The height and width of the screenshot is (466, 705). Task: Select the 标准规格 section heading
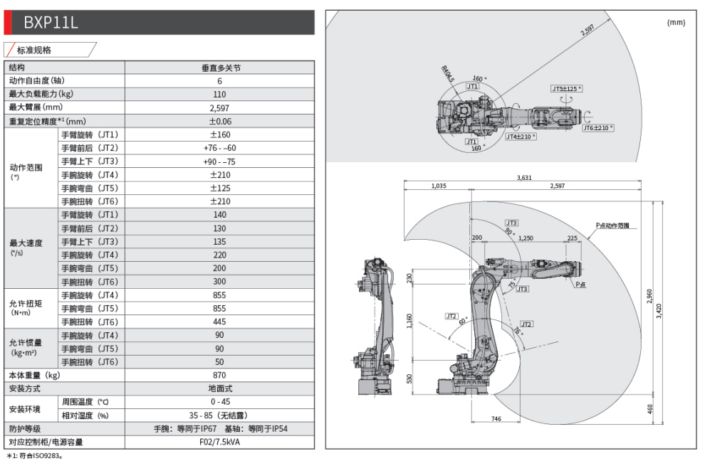coord(34,51)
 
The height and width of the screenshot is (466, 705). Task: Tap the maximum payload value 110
coord(219,95)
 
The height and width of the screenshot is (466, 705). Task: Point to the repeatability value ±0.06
coord(219,122)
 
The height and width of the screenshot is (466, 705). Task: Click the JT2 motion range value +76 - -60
coord(219,148)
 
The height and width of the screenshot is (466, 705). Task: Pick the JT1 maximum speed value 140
coord(219,215)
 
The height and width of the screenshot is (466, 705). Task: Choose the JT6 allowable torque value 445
coord(219,322)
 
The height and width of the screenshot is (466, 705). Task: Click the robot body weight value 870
coord(219,376)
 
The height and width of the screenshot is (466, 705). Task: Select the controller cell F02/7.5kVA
coord(219,443)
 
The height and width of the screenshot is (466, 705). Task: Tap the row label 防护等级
coord(25,429)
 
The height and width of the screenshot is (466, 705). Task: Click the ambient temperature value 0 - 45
coord(219,402)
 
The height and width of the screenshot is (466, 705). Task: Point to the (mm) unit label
coord(675,23)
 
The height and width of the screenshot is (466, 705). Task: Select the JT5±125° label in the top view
coord(566,89)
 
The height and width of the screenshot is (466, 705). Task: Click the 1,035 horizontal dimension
coord(439,186)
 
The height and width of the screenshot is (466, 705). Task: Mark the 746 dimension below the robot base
coord(496,419)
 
